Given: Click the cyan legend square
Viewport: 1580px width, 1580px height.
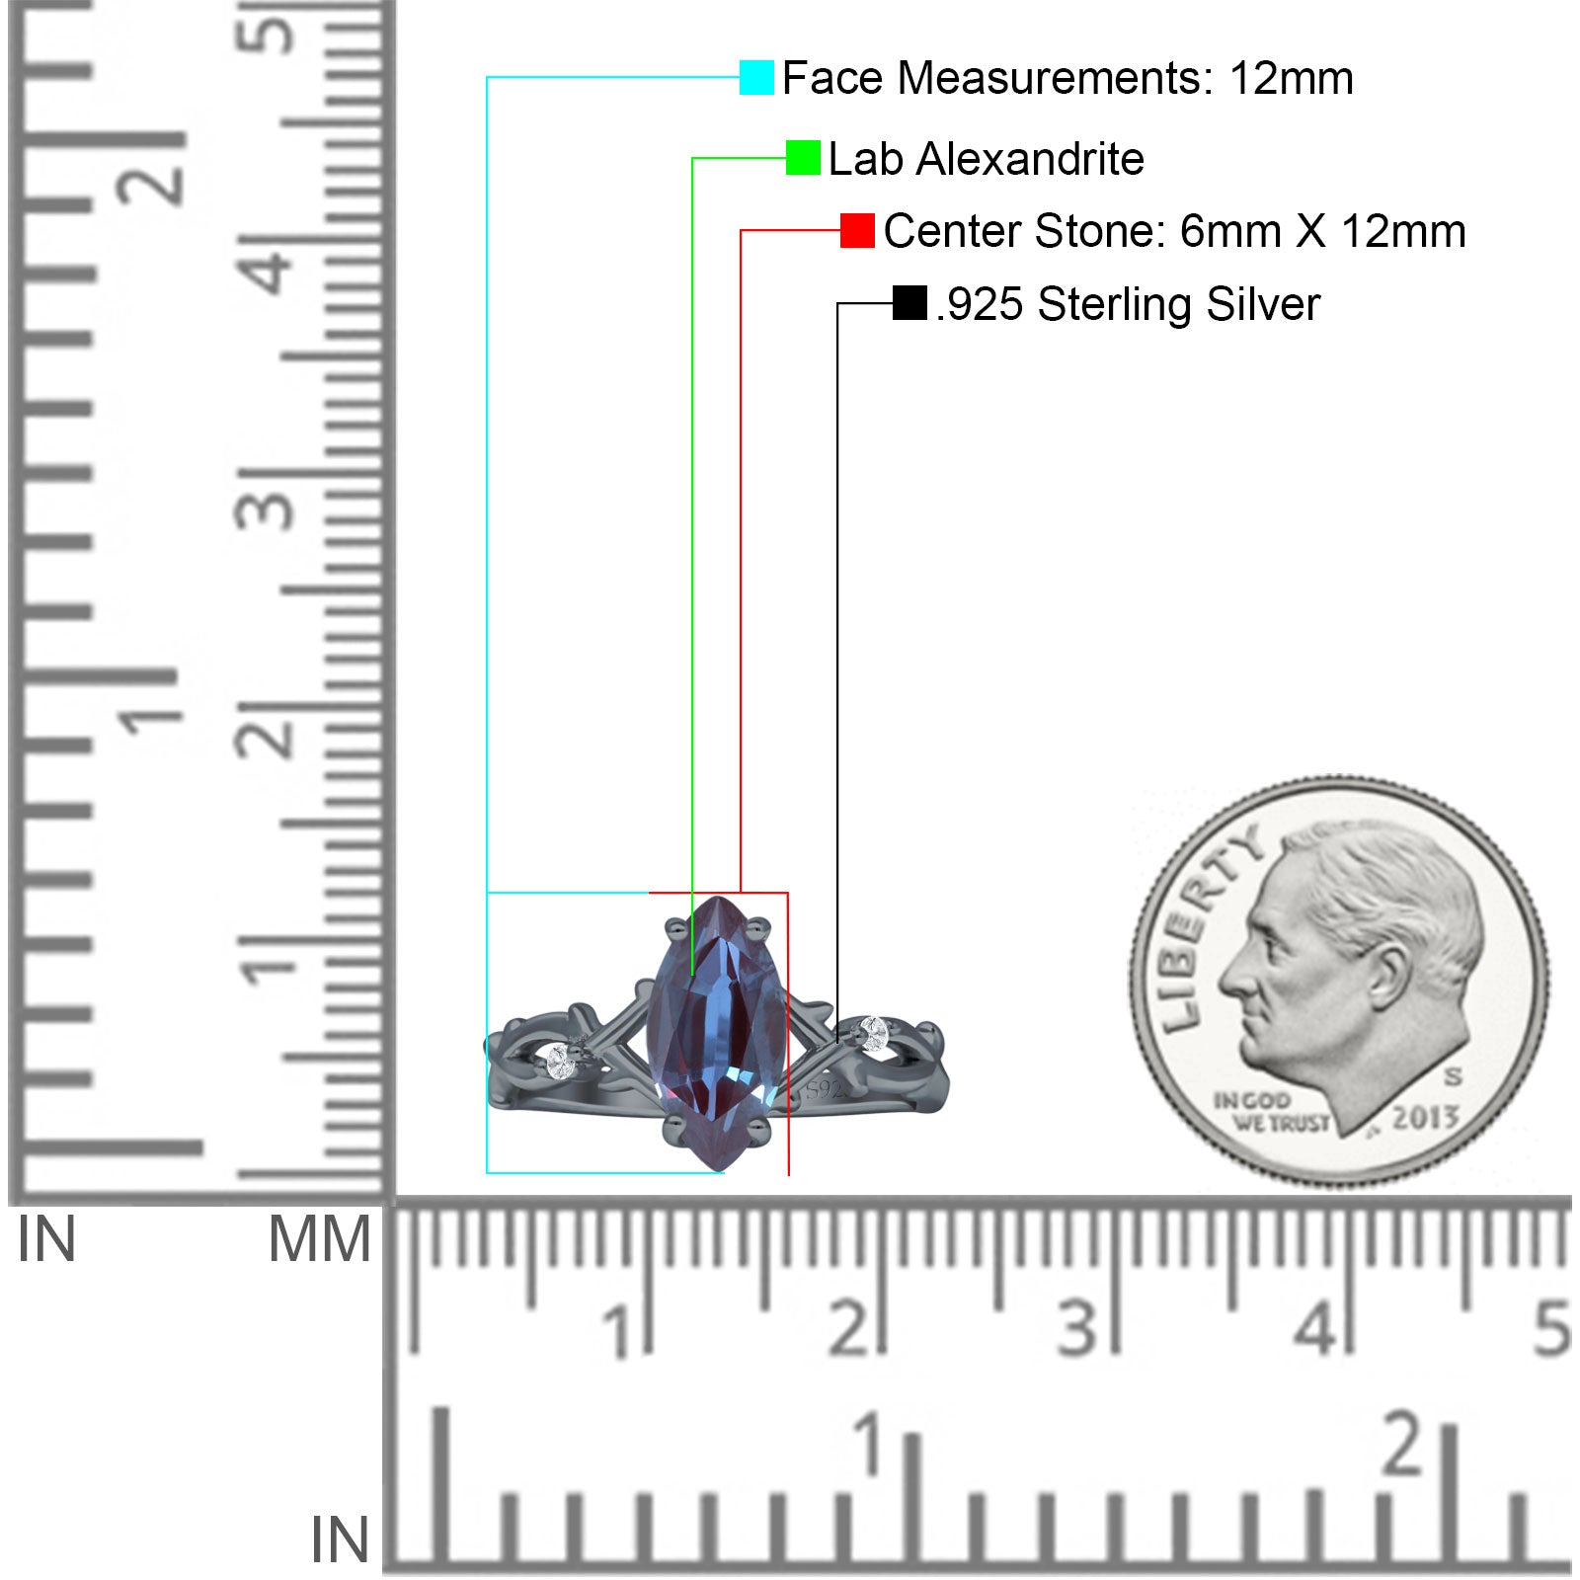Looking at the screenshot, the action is (x=756, y=77).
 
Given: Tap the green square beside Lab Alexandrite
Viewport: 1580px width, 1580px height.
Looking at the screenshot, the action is (x=803, y=157).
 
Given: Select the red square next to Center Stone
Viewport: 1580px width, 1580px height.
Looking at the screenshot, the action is (x=857, y=230).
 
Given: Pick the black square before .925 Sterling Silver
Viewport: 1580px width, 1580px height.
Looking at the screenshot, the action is (x=909, y=303).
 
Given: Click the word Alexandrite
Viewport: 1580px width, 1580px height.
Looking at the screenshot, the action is (x=1030, y=159).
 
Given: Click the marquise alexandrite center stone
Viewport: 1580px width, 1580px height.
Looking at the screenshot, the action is (x=718, y=1033).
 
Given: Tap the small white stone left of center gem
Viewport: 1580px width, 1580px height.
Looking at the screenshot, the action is (x=560, y=1062).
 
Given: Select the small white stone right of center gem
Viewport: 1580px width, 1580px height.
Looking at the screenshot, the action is (x=874, y=1032).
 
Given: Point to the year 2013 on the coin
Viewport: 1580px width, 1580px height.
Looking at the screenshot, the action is (x=1425, y=1117).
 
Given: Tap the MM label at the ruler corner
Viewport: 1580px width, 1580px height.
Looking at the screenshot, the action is (x=320, y=1240).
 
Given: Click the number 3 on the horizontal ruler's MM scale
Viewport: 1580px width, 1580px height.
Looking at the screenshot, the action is (x=1076, y=1328).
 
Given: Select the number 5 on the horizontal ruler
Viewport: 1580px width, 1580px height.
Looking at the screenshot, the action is (x=1551, y=1328).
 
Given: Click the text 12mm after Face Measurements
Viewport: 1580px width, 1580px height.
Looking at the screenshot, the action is (x=1291, y=78).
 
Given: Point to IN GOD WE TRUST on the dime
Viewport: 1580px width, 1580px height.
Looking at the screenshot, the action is (x=1271, y=1112).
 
